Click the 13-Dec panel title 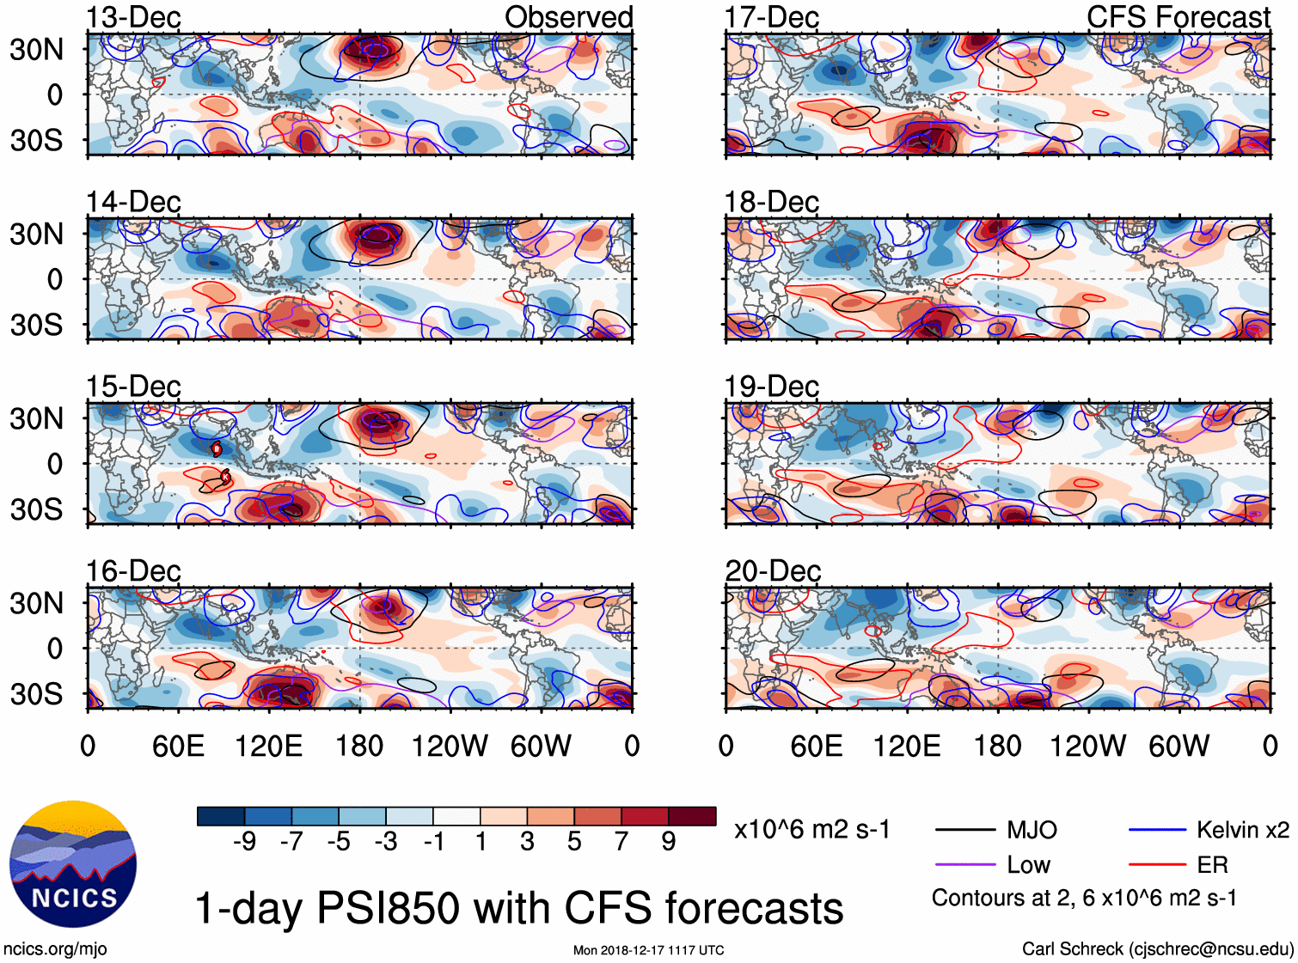[x=133, y=17]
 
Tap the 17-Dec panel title [x=771, y=17]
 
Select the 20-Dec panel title [x=773, y=570]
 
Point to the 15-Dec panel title [x=133, y=386]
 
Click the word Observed [x=568, y=17]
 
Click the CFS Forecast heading [x=1178, y=17]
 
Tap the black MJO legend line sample [x=965, y=830]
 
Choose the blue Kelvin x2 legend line [x=1158, y=830]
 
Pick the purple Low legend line [x=965, y=864]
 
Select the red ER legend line [x=1158, y=864]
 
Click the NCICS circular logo [x=73, y=864]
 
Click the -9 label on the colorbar [x=244, y=841]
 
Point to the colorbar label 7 [x=621, y=841]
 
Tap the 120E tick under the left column [x=268, y=746]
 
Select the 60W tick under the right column [x=1179, y=746]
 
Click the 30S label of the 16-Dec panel [x=36, y=693]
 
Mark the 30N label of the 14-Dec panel [x=36, y=234]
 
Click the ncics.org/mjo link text [x=55, y=948]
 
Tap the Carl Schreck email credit [x=1157, y=948]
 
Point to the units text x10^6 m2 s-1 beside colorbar [x=811, y=829]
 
